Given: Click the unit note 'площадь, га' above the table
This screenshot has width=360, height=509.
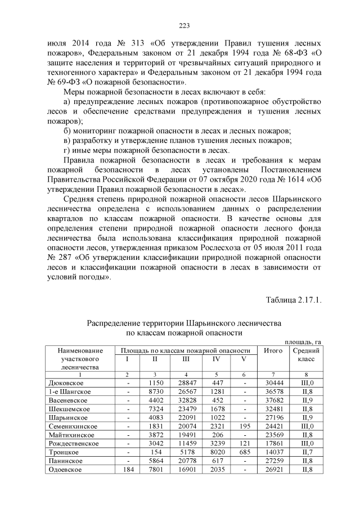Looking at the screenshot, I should pos(303,341).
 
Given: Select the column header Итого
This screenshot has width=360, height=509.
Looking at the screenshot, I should pos(273,350).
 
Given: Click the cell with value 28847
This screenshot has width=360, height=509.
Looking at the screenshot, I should pos(186,382).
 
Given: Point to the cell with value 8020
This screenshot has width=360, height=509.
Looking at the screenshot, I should pos(216,452).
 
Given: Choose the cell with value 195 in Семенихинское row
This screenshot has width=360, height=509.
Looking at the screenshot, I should pos(244,426).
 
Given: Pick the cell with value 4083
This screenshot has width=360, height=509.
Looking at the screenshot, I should pos(155,417).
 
